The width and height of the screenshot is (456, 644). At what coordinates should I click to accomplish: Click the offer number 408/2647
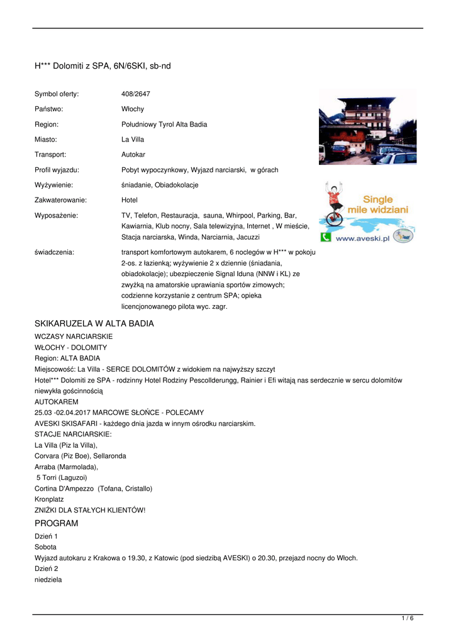click(x=136, y=94)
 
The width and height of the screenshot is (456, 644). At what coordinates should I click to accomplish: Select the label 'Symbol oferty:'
click(x=57, y=94)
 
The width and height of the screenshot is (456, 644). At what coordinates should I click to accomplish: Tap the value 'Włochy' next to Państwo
click(x=133, y=109)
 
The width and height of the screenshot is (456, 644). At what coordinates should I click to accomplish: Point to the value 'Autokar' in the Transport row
click(x=133, y=154)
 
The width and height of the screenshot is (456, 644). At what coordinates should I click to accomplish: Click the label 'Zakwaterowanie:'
click(x=60, y=200)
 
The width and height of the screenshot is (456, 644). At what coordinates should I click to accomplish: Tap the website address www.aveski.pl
click(x=364, y=238)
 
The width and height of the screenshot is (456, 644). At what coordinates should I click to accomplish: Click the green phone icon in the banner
click(x=326, y=237)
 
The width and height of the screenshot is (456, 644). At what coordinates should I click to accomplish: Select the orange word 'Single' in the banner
click(x=377, y=199)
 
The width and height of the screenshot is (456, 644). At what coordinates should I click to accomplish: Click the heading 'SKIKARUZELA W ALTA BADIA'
click(x=94, y=323)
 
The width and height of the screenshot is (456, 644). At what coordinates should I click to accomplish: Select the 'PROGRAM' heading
click(x=57, y=523)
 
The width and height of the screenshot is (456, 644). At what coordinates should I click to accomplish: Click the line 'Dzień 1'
click(x=46, y=536)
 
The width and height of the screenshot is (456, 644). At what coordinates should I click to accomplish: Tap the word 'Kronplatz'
click(x=49, y=499)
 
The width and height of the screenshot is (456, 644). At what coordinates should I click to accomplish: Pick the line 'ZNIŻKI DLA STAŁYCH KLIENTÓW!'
click(x=90, y=510)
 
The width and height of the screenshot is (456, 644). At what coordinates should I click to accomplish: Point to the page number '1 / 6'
click(x=408, y=619)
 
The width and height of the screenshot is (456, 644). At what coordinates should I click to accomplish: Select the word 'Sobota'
click(x=46, y=547)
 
